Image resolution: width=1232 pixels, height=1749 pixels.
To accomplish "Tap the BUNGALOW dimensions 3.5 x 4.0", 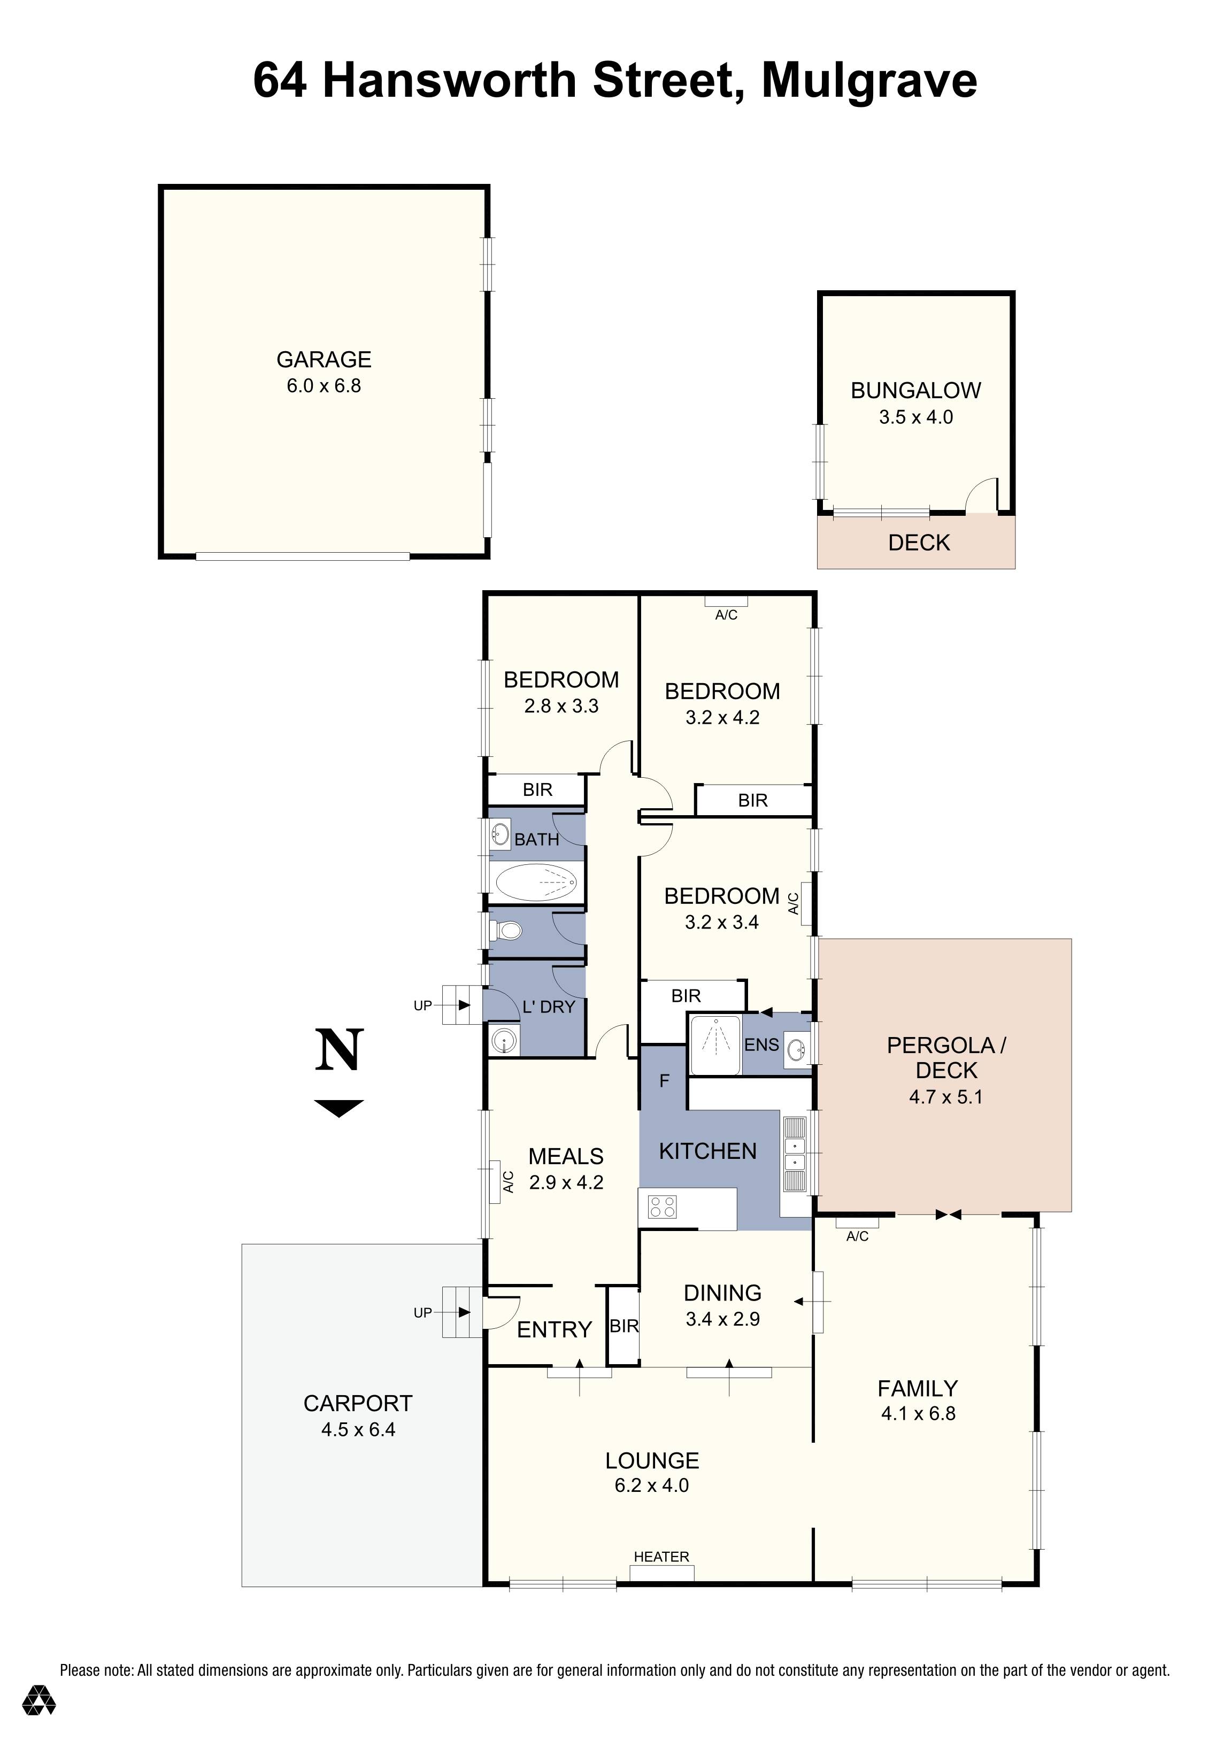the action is click(x=916, y=417).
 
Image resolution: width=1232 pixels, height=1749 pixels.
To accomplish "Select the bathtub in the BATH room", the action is click(x=536, y=883).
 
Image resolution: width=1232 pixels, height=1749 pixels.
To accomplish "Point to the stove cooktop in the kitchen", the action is click(x=661, y=1206).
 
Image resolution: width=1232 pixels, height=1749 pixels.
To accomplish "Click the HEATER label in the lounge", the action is click(x=661, y=1556).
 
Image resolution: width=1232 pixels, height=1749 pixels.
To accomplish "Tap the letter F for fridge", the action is click(x=664, y=1080).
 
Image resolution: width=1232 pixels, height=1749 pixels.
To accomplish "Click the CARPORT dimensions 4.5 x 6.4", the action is click(x=358, y=1430).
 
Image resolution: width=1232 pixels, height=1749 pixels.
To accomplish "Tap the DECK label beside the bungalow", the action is click(x=919, y=543).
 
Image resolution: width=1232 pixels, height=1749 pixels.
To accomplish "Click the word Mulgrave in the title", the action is click(x=869, y=81).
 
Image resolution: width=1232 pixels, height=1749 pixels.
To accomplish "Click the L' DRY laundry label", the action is click(x=549, y=1007).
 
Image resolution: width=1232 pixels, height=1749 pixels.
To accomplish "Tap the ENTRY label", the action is click(x=554, y=1330).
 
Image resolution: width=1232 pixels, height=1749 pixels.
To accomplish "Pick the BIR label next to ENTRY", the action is click(x=624, y=1326).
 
